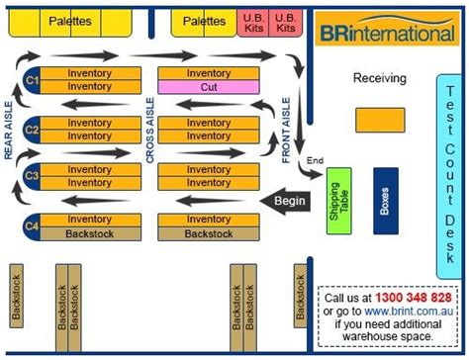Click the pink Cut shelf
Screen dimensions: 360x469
coord(209,87)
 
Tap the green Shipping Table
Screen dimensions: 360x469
coord(339,202)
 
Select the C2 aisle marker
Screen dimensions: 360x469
coord(31,129)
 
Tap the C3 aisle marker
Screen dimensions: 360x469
coord(31,176)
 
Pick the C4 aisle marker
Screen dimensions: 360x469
coord(31,226)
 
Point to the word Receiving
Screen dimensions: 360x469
coord(379,77)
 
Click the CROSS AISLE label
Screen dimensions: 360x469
coord(150,128)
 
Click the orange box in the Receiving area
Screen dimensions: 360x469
coord(379,118)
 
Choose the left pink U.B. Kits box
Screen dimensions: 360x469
coord(252,23)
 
